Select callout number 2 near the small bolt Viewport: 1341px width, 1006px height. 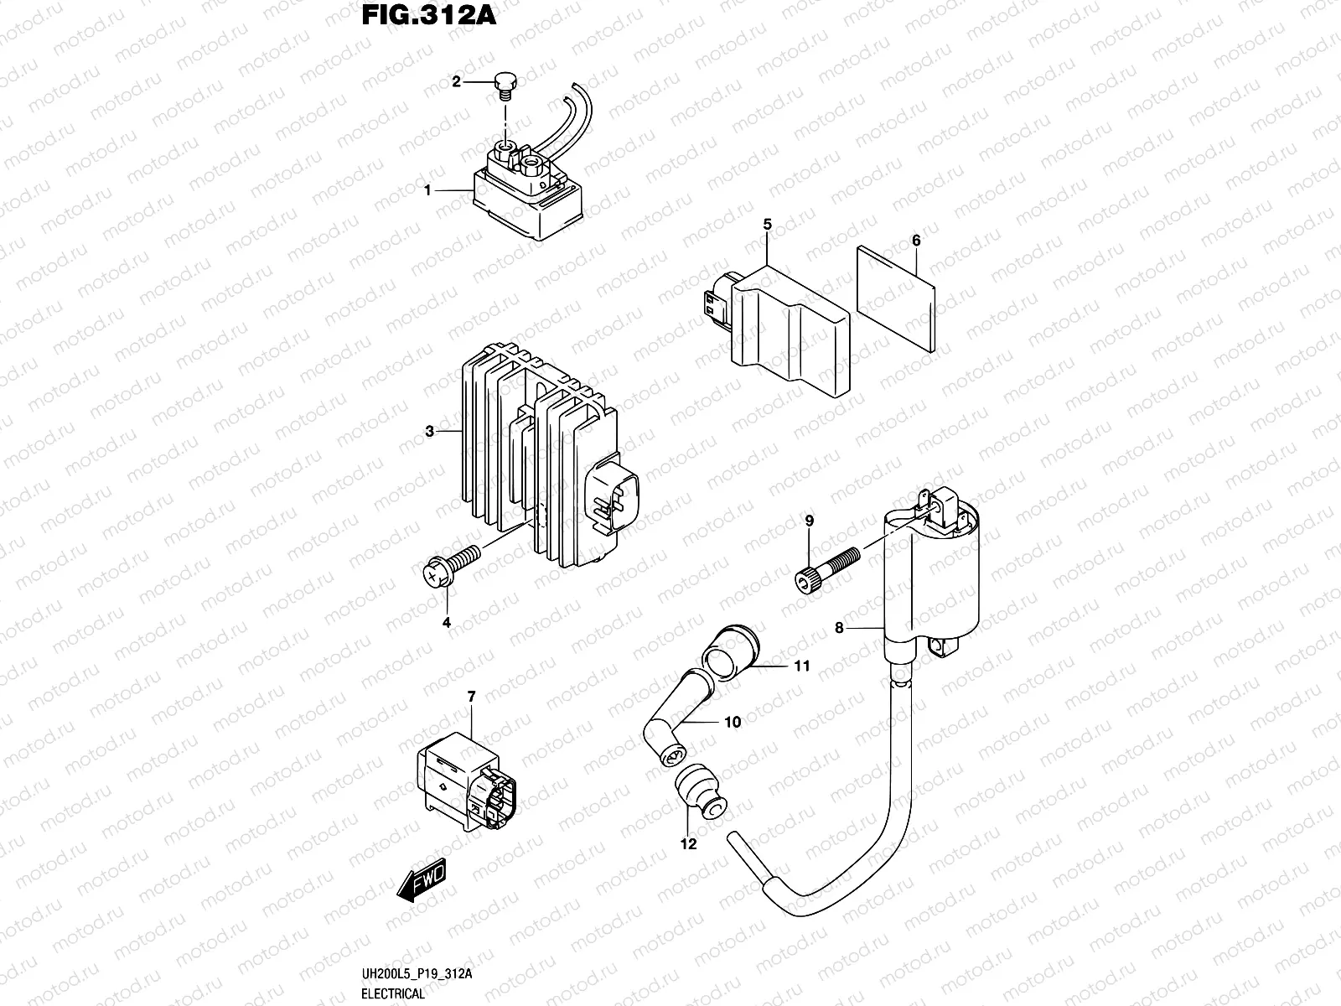(x=457, y=81)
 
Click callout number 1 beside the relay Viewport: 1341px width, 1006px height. (x=427, y=191)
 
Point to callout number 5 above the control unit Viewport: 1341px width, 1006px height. (x=767, y=224)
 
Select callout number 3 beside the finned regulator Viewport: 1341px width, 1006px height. (x=429, y=432)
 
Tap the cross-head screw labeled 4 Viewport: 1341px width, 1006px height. (x=451, y=563)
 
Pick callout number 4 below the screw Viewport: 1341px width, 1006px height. (x=447, y=622)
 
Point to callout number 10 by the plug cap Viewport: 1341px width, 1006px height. (x=733, y=722)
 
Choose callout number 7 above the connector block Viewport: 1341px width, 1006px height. (x=471, y=697)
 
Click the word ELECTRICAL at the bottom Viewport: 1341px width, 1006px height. (x=394, y=994)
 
